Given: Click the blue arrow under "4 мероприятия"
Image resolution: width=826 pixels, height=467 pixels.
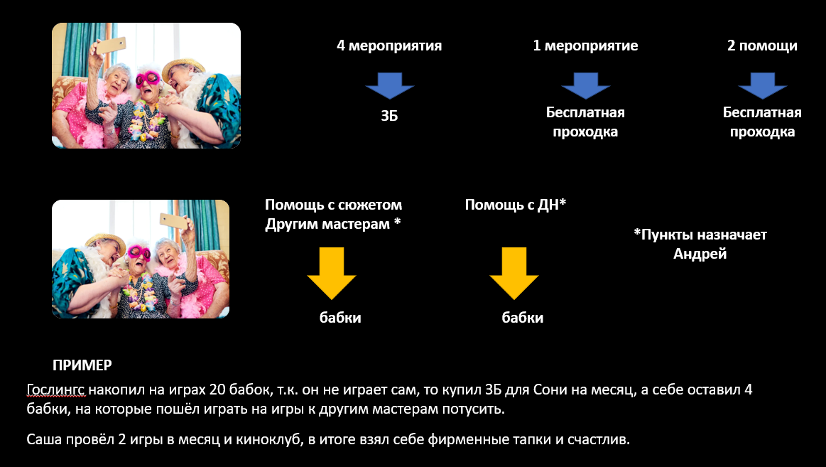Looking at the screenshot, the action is coord(389,86).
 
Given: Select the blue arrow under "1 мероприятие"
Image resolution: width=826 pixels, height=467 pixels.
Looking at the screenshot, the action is coord(585,86).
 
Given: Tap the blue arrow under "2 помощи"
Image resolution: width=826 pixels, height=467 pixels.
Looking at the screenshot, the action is coord(762,86).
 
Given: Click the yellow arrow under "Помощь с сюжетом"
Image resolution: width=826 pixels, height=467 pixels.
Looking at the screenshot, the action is coord(332,274).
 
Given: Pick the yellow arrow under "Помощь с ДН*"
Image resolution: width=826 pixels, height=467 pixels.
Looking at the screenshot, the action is coord(514,274).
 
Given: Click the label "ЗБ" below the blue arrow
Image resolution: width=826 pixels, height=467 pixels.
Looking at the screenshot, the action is coord(389,116).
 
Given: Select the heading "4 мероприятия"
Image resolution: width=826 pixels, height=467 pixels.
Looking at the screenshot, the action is coord(389,46).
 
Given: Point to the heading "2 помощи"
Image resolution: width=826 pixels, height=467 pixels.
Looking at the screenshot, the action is coord(762,46).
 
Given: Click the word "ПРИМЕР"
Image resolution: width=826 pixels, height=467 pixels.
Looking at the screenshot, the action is coord(82,365).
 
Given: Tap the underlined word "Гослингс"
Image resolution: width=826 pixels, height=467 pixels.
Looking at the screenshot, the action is coord(56,390).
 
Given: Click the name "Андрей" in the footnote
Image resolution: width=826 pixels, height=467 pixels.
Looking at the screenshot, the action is coord(700,254).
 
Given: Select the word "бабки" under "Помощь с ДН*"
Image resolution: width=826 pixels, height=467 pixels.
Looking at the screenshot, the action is coord(523,317).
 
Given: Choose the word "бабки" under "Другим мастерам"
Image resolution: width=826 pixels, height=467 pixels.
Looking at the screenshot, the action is coord(340,317).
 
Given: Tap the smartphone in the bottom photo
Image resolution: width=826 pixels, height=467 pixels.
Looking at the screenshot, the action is coord(174,221).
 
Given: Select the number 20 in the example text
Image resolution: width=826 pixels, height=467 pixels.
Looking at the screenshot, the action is coord(217,390).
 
